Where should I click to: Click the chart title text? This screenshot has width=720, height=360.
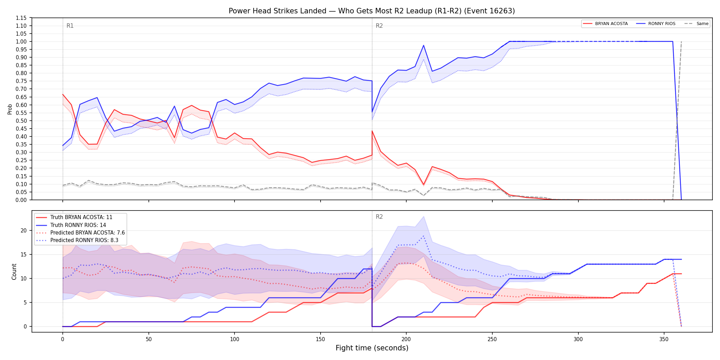coord(372,11)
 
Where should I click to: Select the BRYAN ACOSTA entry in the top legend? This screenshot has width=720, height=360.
coord(605,24)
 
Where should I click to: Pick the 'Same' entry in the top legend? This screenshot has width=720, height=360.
coord(696,24)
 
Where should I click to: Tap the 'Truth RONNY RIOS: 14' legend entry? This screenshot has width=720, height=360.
coord(71,225)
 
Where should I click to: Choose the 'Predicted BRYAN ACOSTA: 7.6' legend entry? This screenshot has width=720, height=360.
coord(81,232)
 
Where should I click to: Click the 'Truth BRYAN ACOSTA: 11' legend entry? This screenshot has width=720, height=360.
coord(74,217)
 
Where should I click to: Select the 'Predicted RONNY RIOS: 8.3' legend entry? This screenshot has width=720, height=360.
coord(77,240)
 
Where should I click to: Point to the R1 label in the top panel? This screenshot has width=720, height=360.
coord(70,26)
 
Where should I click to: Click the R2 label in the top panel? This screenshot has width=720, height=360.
coord(379,26)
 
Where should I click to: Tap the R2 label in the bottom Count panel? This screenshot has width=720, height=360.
coord(379,217)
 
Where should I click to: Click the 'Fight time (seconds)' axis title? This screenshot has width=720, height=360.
coord(372,348)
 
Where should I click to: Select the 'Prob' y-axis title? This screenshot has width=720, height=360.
coord(10,109)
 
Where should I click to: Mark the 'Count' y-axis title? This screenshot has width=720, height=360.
coord(14,272)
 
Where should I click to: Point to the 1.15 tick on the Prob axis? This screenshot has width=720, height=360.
coord(21,18)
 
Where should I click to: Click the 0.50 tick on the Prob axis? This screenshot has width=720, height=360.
coord(21,121)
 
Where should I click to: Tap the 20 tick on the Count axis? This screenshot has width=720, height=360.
coord(24,230)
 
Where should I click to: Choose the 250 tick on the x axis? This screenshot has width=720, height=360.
coord(492,339)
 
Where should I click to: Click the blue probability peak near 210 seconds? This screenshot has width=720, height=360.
coord(423,45)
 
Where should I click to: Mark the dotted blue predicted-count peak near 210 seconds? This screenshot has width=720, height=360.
coord(423,236)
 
